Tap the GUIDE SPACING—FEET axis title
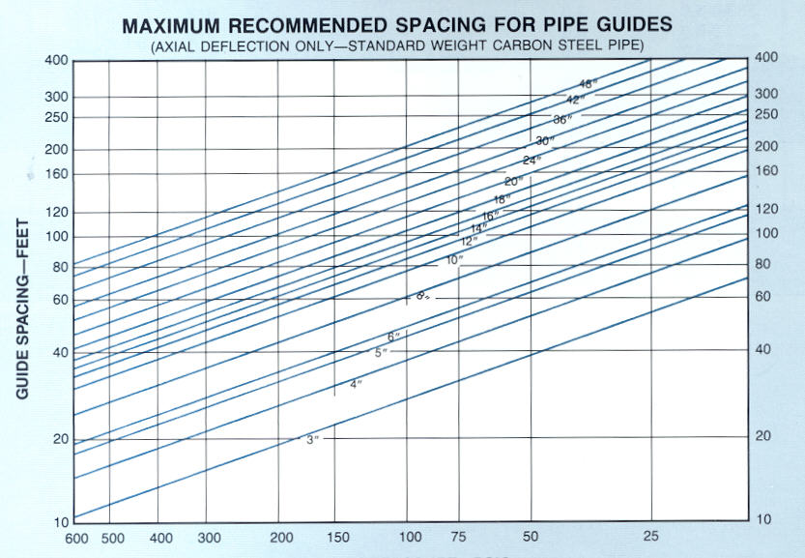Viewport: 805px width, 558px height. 22,312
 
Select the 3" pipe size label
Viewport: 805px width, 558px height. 312,440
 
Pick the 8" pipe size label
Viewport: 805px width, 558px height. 421,295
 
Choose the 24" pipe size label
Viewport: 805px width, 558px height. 531,161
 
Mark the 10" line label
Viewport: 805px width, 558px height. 454,260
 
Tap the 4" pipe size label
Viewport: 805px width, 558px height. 356,385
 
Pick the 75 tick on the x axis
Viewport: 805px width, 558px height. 459,537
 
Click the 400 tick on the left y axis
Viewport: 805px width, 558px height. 56,61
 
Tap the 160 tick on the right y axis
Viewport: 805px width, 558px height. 766,171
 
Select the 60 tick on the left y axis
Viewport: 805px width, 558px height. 60,300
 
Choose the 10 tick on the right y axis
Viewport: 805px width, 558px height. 763,519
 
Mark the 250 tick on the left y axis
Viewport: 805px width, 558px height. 56,117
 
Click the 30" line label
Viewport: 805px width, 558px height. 544,141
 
